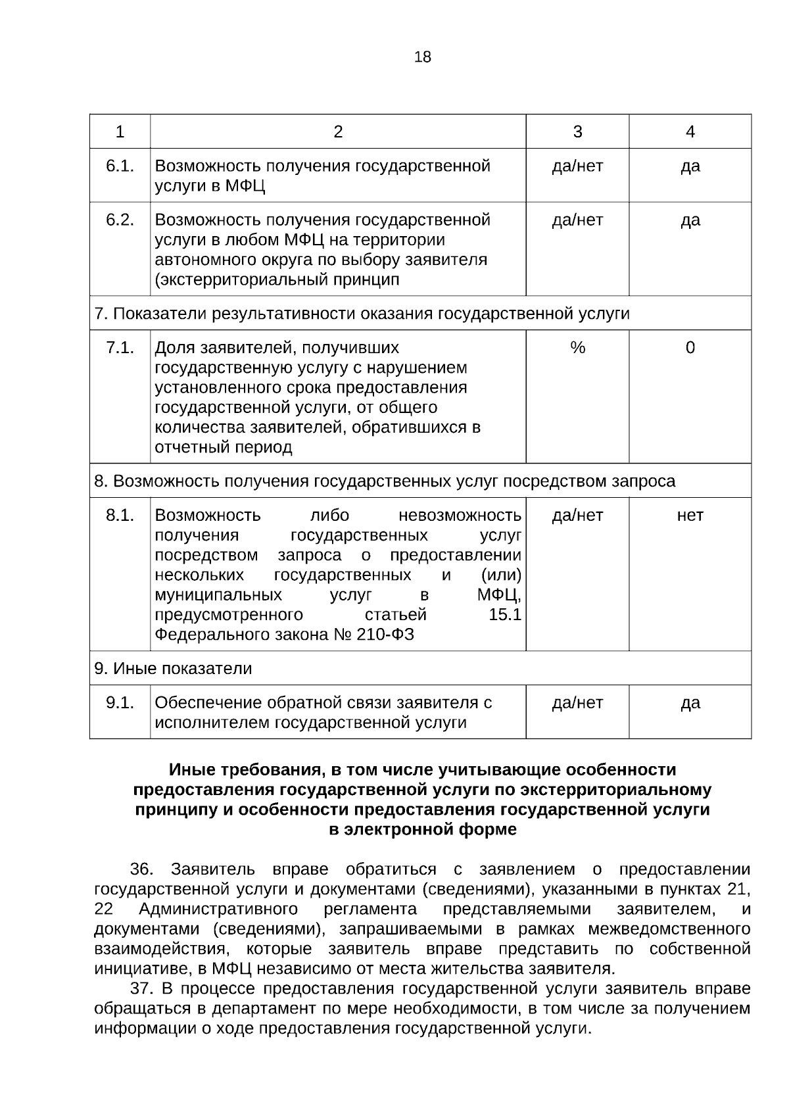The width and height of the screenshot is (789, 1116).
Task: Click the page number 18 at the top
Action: (423, 57)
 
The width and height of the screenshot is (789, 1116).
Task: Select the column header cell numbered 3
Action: (577, 132)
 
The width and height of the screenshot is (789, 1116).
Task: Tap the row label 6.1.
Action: (120, 166)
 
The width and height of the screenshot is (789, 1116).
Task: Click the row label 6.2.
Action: (120, 220)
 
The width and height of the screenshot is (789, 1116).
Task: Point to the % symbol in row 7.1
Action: (577, 347)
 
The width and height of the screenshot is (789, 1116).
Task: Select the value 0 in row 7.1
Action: (690, 347)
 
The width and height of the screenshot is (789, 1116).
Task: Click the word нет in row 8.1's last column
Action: (690, 515)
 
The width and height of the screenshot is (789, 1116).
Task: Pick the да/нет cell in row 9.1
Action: (577, 702)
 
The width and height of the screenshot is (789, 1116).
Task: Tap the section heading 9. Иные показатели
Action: (173, 669)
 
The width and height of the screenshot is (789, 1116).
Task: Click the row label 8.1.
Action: (120, 515)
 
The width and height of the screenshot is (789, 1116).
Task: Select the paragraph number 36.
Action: (141, 869)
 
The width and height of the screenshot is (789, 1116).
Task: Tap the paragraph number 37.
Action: (141, 989)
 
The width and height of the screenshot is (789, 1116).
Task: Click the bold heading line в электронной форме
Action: (422, 830)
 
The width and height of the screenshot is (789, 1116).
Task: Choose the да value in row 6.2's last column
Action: (690, 220)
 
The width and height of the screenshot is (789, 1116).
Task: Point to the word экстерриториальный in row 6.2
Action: (234, 280)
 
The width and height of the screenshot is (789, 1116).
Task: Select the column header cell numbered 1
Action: (120, 132)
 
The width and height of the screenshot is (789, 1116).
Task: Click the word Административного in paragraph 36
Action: (218, 910)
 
